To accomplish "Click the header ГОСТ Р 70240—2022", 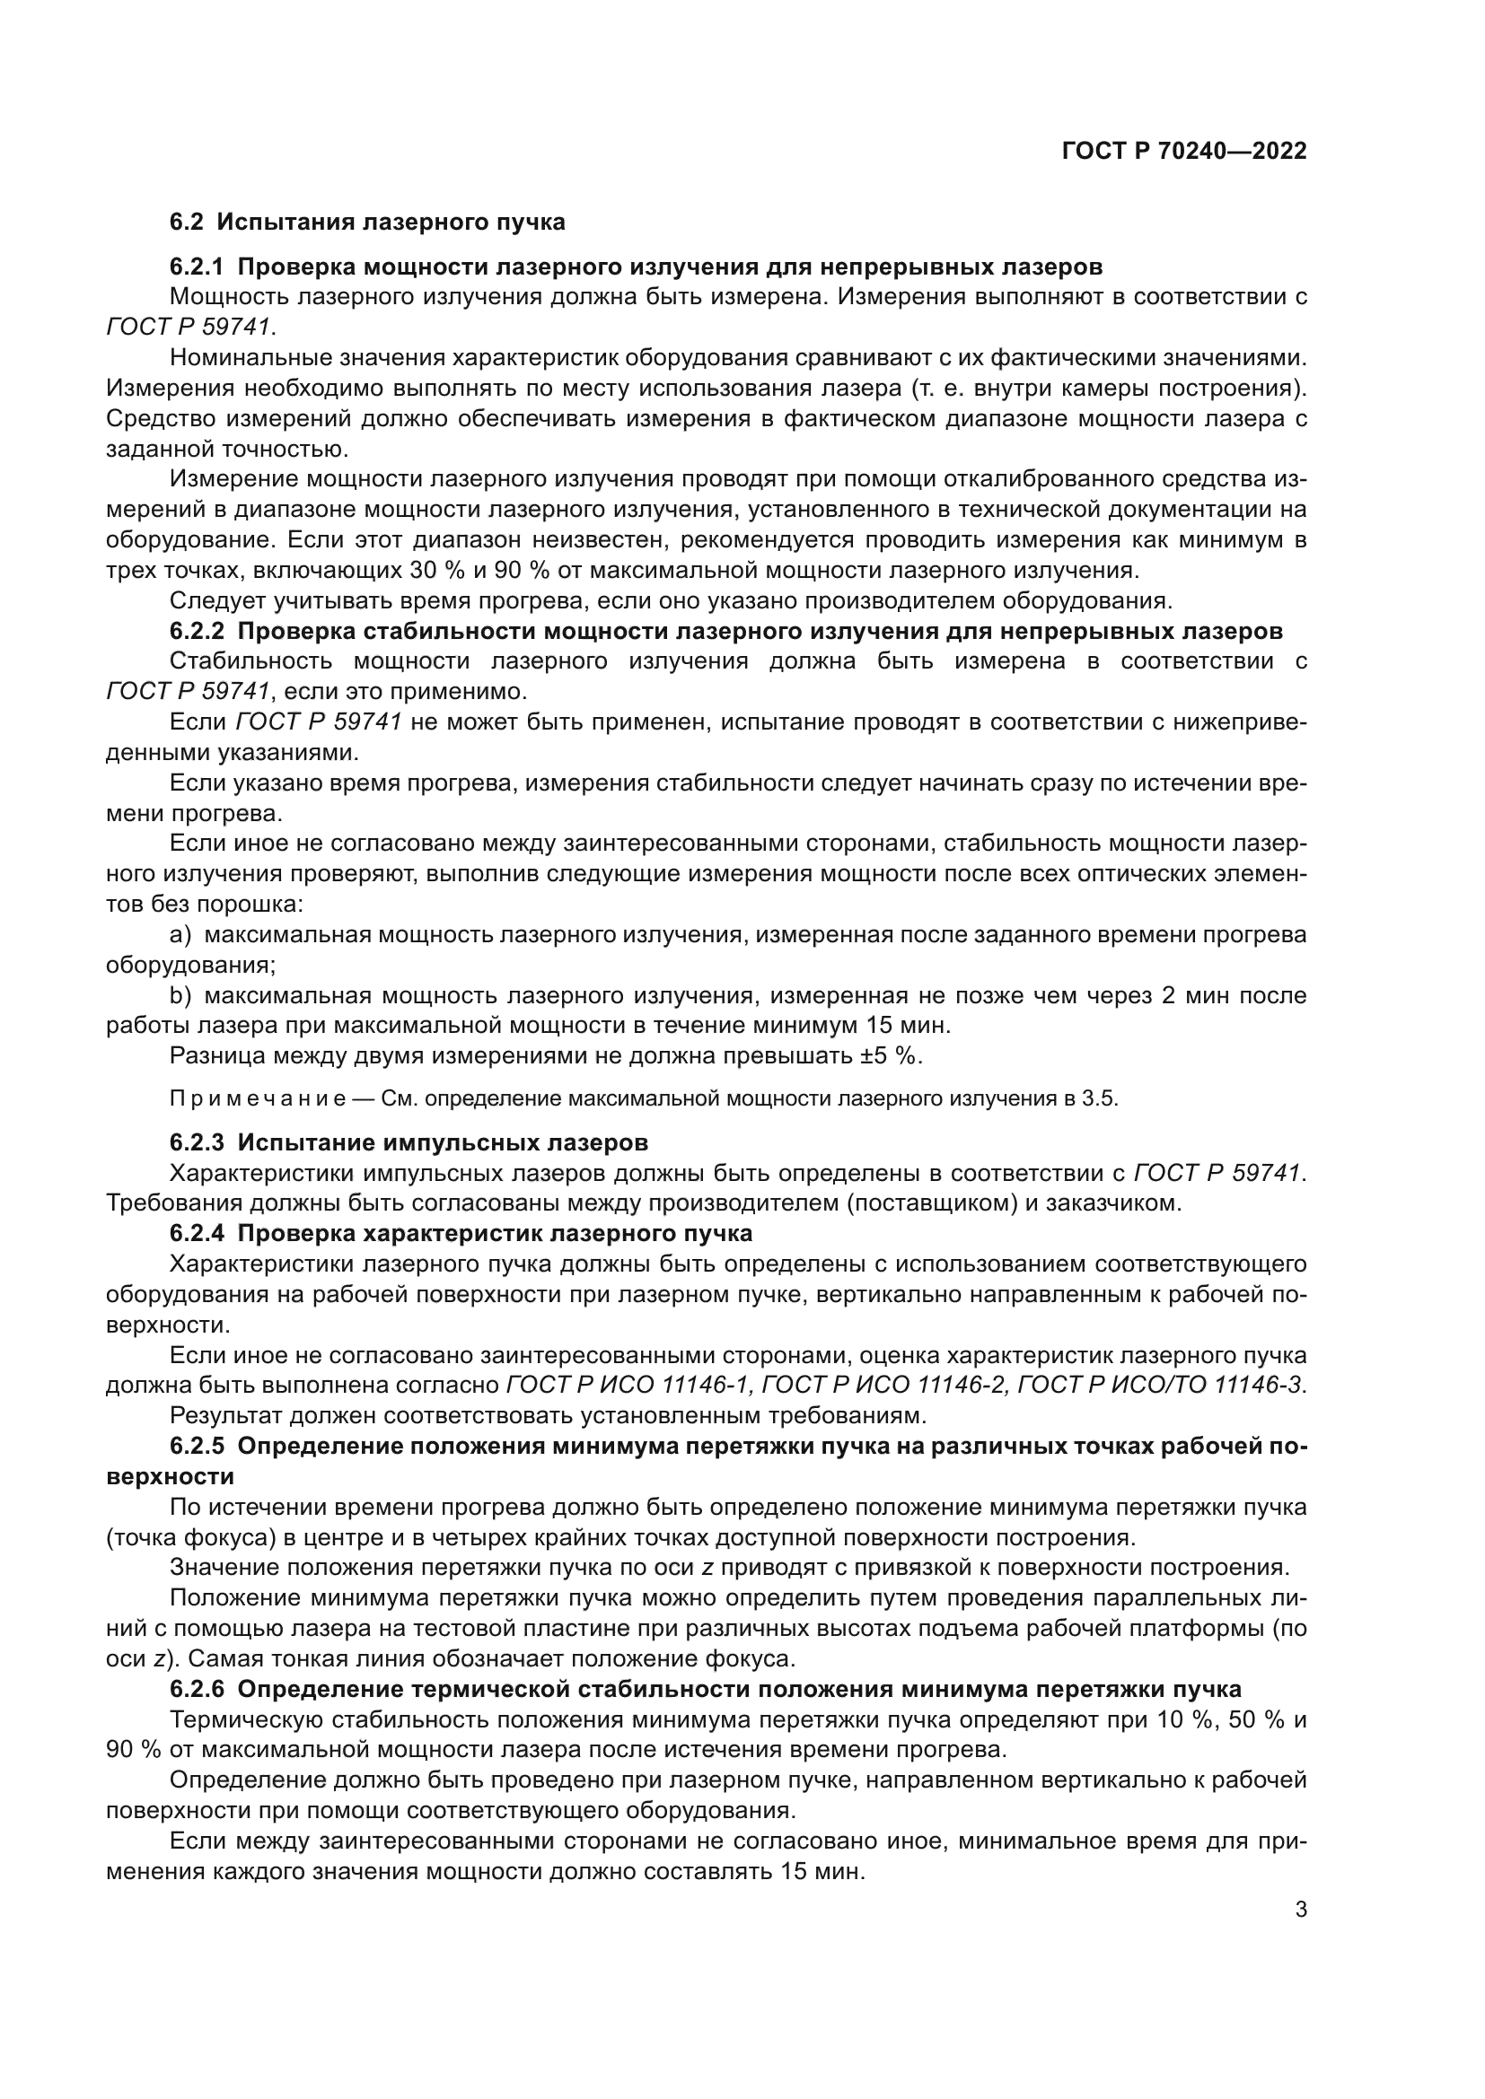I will click(1184, 152).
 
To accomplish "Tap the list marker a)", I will click(180, 934).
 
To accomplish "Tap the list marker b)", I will click(180, 994).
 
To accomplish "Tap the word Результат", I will click(225, 1416).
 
